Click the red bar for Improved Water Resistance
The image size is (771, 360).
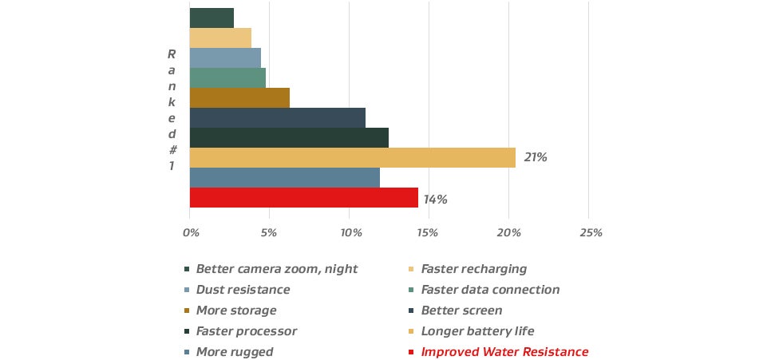(303, 197)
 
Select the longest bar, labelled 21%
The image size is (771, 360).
(352, 157)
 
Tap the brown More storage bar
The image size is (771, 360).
(239, 97)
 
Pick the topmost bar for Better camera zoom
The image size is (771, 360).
(212, 18)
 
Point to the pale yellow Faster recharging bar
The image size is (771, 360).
(220, 38)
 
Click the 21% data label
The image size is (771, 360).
(536, 157)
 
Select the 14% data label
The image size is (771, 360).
(436, 199)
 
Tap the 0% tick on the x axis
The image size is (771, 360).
(190, 233)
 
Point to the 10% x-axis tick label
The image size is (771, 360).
(351, 233)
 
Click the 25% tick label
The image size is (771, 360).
(591, 233)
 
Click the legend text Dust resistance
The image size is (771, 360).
(243, 290)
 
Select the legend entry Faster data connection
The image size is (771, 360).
(490, 290)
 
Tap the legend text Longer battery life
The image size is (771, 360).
(477, 331)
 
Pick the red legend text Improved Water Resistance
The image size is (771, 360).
(504, 352)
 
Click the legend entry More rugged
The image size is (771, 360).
(234, 352)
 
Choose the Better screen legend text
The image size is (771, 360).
(461, 311)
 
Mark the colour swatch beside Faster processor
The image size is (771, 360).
(187, 331)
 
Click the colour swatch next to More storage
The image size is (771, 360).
(187, 311)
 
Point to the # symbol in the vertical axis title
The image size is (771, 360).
(172, 150)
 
